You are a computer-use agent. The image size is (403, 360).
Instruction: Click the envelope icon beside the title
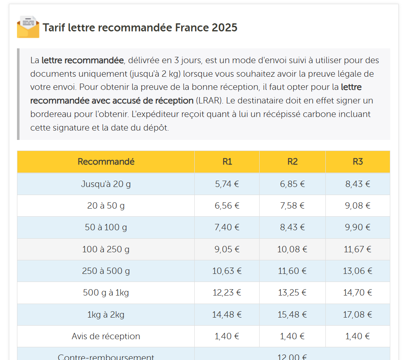(28, 27)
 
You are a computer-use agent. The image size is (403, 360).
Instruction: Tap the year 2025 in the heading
(224, 28)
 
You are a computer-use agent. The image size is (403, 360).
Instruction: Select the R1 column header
(227, 162)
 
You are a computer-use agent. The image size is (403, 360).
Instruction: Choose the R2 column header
(292, 162)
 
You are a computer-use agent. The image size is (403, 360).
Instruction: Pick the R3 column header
(358, 162)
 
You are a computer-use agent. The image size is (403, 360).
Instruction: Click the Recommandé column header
(106, 162)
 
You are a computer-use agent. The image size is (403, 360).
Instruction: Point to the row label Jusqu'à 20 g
(106, 184)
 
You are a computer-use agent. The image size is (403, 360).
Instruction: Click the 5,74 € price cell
(227, 184)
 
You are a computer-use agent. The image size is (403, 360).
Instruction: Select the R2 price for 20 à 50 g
(292, 206)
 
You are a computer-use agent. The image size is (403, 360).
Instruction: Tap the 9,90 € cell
(358, 227)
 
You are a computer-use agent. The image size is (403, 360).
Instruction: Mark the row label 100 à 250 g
(106, 249)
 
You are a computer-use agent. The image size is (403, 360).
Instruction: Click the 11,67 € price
(358, 249)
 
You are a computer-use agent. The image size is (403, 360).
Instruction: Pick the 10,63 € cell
(227, 271)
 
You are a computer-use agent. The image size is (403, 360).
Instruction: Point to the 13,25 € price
(292, 293)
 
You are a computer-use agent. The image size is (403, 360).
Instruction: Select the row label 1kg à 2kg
(106, 315)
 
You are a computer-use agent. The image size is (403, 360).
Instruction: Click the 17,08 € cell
(358, 315)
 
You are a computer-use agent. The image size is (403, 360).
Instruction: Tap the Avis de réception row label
(106, 336)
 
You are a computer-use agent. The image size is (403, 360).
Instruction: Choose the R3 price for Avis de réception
(358, 336)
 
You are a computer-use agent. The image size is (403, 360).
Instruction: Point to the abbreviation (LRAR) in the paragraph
(207, 101)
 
